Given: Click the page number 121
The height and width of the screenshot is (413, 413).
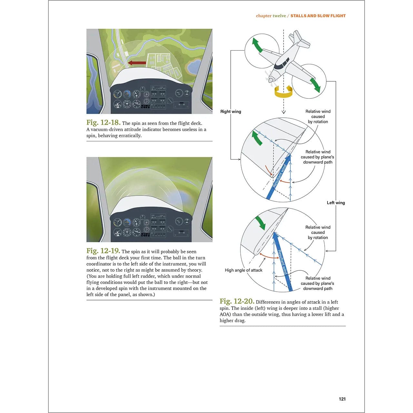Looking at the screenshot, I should click(x=342, y=399).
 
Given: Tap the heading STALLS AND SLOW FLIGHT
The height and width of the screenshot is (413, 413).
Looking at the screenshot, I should click(x=318, y=16).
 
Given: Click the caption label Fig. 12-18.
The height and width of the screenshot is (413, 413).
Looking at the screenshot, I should click(x=103, y=123).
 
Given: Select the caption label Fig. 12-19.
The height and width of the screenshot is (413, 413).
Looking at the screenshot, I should click(x=103, y=251).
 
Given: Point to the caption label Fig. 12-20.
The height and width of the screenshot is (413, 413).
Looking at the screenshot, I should click(x=237, y=301).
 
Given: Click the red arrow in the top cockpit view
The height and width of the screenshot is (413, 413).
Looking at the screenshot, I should click(x=137, y=63).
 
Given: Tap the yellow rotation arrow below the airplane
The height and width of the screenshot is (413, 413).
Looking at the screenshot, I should click(x=283, y=92).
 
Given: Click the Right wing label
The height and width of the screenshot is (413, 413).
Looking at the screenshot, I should click(x=231, y=112).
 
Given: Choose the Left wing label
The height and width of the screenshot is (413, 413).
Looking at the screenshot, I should click(x=336, y=203).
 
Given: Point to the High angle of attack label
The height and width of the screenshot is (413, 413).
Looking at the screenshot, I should click(x=244, y=270).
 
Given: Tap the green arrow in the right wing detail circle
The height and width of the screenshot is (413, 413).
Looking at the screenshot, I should click(x=257, y=138).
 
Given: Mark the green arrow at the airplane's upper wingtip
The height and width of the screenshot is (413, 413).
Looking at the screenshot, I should click(x=257, y=45).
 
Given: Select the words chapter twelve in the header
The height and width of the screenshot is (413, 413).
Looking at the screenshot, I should click(x=271, y=16).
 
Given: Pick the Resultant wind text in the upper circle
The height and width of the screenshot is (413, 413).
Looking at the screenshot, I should click(x=279, y=176).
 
